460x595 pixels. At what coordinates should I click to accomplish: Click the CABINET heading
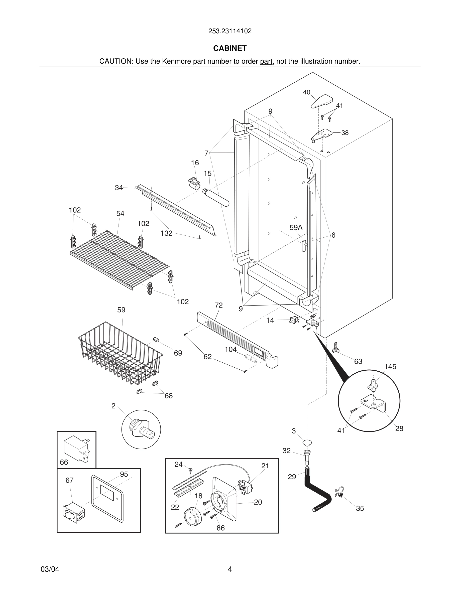(230, 48)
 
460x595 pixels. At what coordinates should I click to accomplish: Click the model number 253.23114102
(230, 31)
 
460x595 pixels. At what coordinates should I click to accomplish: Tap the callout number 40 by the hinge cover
(307, 92)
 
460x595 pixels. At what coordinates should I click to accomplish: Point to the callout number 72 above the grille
(218, 305)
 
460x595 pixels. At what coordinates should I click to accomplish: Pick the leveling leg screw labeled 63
(336, 348)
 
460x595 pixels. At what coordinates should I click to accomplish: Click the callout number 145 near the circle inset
(390, 367)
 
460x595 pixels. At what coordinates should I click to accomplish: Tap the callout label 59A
(296, 227)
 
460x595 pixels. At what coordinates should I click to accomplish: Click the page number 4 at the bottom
(230, 569)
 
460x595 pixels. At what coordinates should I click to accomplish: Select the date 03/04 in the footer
(50, 569)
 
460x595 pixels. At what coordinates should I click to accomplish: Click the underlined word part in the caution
(266, 62)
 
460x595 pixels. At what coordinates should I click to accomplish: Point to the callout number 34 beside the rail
(119, 188)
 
